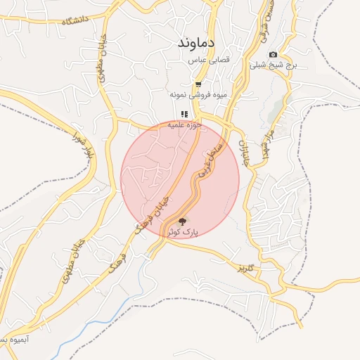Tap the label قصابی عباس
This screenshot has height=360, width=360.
point(208,61)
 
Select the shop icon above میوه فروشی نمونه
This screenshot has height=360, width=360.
point(198,84)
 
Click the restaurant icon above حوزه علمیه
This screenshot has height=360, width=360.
point(184,114)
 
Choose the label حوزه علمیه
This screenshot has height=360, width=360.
point(184,124)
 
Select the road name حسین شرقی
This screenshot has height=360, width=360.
point(266,18)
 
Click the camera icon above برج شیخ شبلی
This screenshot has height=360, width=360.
point(273,55)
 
